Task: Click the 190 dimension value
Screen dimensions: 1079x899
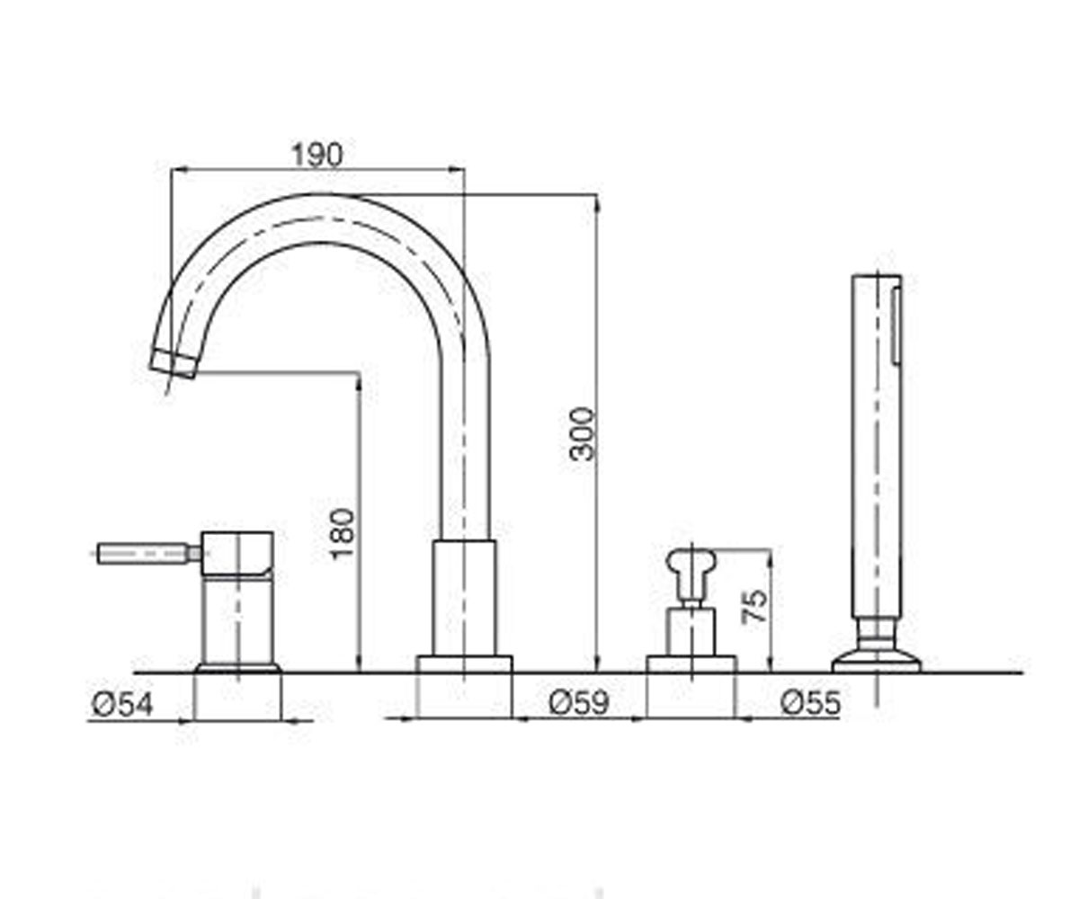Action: click(x=317, y=155)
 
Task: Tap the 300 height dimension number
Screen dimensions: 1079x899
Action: click(x=582, y=434)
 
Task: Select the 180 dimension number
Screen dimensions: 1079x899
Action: click(x=343, y=534)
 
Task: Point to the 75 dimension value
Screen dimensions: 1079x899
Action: click(x=754, y=607)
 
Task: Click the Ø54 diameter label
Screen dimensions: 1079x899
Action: click(x=122, y=704)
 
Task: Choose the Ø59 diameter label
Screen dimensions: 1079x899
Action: click(x=579, y=703)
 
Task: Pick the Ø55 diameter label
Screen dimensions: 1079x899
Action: click(x=810, y=703)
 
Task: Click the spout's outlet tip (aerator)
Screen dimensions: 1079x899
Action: click(x=174, y=364)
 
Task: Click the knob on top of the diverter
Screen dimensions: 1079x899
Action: click(x=691, y=564)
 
